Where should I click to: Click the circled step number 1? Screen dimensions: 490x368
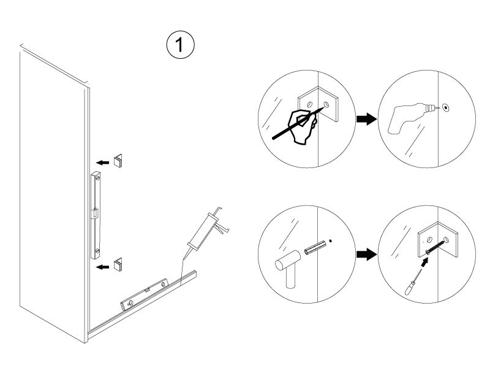pos(180,45)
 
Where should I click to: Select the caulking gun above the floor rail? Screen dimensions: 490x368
pos(206,232)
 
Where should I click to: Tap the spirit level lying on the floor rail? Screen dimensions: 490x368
pos(145,294)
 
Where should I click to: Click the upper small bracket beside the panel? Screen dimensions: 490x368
pos(118,161)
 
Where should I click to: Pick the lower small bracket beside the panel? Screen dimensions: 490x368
pos(118,265)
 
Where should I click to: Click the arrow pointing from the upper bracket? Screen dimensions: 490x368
pos(102,163)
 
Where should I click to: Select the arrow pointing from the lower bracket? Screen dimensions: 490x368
pos(102,267)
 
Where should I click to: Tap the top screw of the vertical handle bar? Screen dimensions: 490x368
pos(97,178)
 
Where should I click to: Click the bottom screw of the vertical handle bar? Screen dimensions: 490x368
pos(97,251)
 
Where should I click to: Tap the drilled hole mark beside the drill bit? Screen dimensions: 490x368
pos(446,109)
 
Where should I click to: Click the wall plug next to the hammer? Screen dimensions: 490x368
pos(315,247)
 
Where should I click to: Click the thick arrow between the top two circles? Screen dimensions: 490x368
pos(366,119)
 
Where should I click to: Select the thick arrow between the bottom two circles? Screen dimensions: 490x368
pos(366,254)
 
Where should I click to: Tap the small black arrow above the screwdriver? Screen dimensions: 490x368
pos(424,263)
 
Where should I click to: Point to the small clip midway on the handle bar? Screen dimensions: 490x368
pos(95,213)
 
